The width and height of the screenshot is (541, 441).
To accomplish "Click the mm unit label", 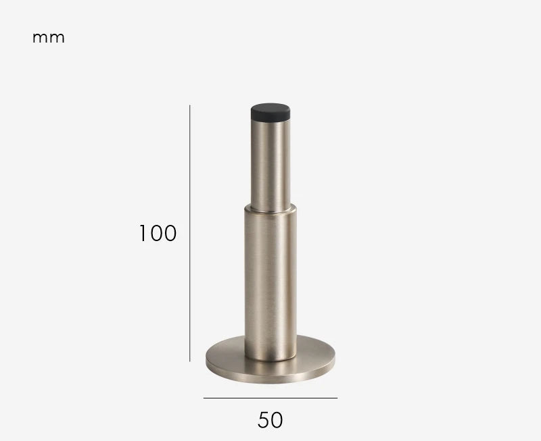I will (x=49, y=38).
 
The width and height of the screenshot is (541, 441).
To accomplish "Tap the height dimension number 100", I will (x=158, y=233).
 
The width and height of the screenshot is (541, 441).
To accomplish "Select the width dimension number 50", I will (x=270, y=420).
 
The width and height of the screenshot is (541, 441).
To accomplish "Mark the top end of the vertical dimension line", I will (x=190, y=105).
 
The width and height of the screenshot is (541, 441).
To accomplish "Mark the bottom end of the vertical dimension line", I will (x=190, y=361).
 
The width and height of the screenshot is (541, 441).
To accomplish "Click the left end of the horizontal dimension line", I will (x=204, y=398).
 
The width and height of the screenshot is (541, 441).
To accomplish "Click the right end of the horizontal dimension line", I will (x=337, y=398).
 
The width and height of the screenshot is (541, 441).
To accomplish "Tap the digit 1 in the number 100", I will (x=143, y=233).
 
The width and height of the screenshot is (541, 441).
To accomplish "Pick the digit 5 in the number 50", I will (x=264, y=420).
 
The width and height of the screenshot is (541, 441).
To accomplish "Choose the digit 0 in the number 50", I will (x=277, y=420).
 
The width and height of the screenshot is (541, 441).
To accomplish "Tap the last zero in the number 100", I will (x=170, y=233).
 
